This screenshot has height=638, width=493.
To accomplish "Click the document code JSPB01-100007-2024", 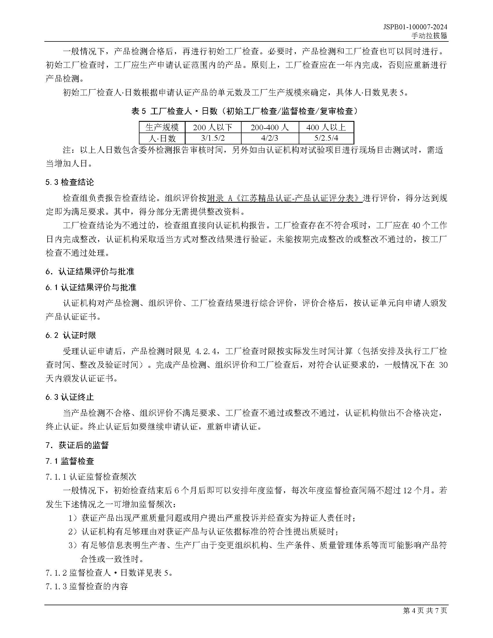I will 415,27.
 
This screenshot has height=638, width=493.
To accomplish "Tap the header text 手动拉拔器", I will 429,36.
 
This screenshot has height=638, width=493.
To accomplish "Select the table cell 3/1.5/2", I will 213,138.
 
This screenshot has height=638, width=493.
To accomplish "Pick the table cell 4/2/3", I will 270,138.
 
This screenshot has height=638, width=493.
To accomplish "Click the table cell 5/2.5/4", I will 326,138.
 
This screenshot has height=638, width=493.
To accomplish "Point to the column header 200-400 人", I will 270,127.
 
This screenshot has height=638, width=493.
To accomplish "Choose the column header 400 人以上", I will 326,127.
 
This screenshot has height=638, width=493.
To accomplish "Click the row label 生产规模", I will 162,127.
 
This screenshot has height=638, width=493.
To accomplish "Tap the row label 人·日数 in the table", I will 162,138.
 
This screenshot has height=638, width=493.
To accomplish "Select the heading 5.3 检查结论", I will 70,182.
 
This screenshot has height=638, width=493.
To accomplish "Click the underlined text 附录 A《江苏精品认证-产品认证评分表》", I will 284,198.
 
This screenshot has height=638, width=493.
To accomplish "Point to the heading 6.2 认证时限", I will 71,335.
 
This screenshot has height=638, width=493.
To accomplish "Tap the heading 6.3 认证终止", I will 70,397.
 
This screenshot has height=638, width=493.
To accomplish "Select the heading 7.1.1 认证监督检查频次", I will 91,477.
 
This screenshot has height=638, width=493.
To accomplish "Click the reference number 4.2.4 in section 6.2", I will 206,351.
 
